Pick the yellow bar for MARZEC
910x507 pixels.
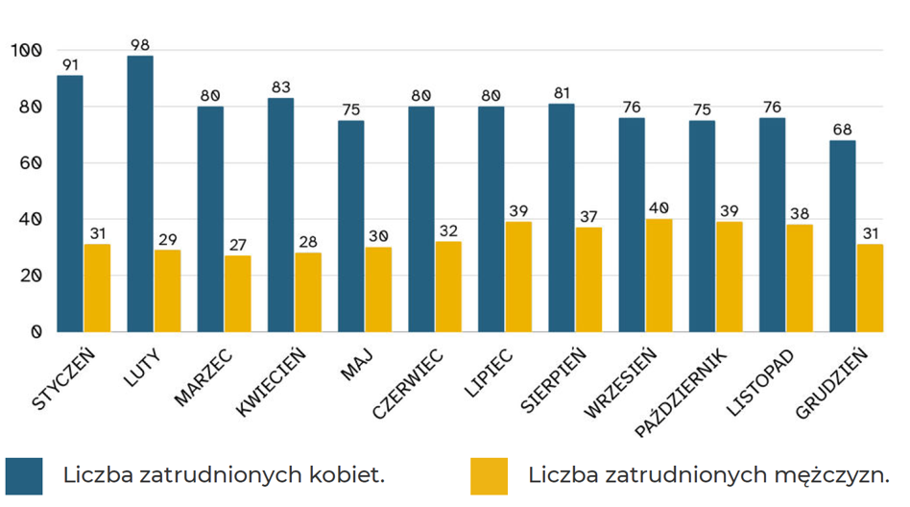click(x=237, y=294)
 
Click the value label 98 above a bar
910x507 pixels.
click(x=140, y=45)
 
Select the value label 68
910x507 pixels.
click(x=842, y=130)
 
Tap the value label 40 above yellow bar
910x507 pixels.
click(x=659, y=208)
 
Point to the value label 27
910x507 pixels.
click(x=237, y=245)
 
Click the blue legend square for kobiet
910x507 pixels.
click(x=24, y=475)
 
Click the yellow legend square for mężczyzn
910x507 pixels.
click(x=489, y=475)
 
